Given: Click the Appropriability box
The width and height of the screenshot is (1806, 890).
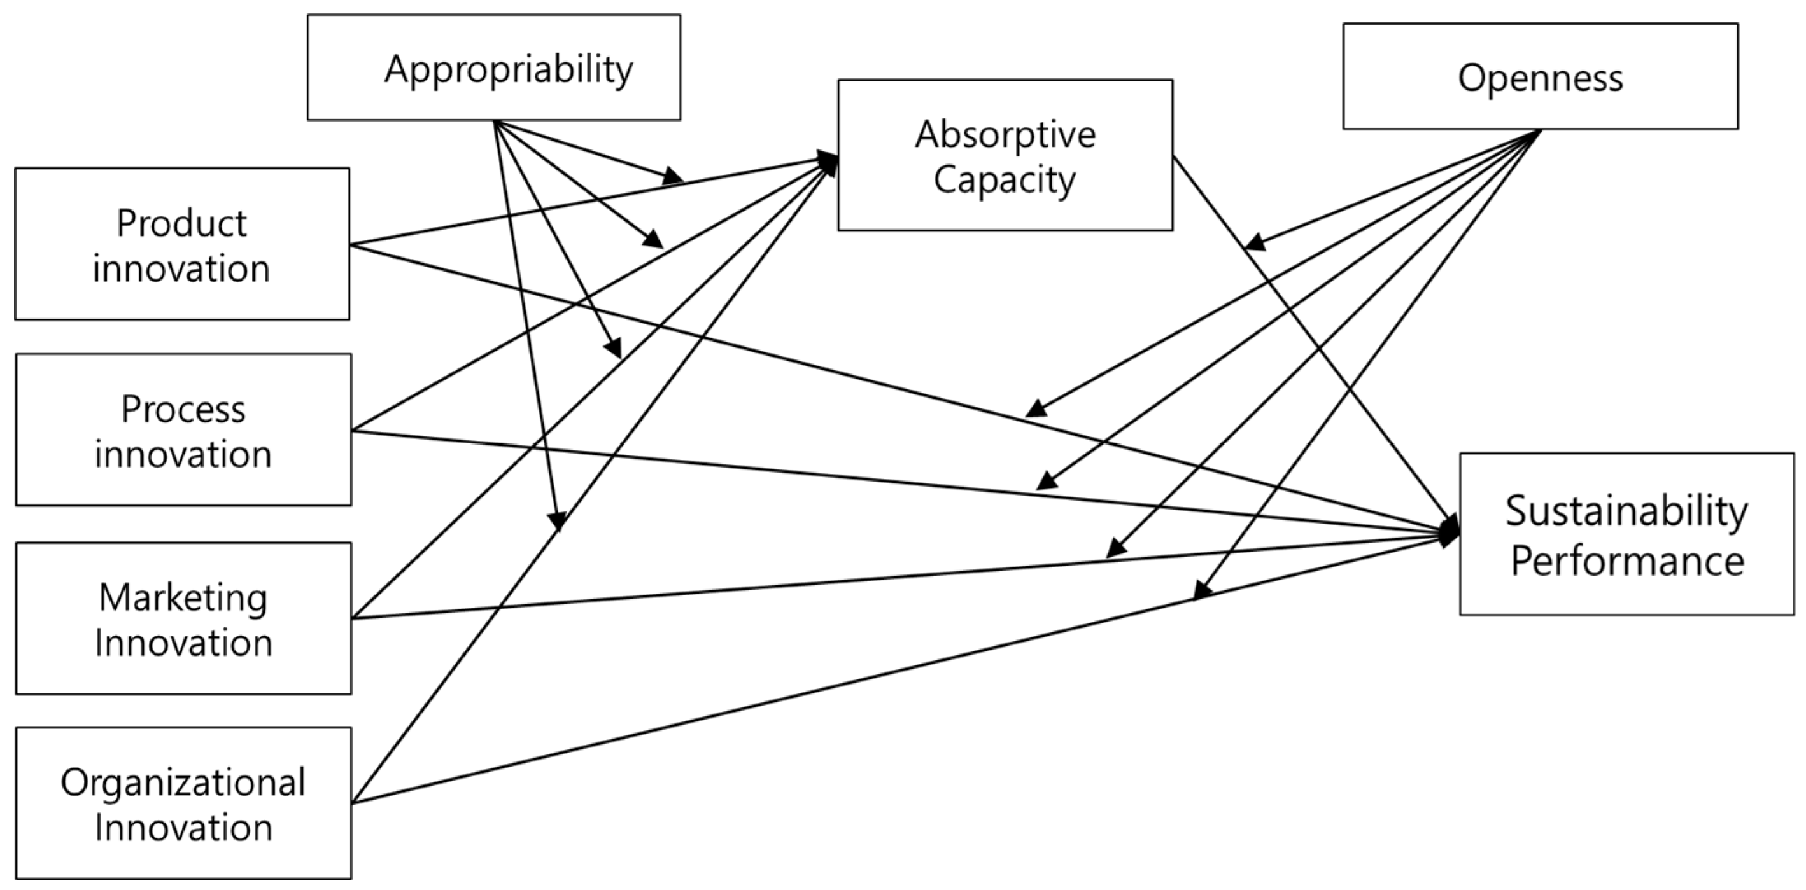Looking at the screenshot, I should click(x=493, y=67).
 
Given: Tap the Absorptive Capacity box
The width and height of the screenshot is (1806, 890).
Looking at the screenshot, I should click(x=1005, y=155).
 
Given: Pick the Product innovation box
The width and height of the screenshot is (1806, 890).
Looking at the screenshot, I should click(x=181, y=244).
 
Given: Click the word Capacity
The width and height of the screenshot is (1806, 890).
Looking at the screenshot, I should click(x=1004, y=180).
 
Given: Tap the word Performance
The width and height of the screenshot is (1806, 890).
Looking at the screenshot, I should click(x=1626, y=560).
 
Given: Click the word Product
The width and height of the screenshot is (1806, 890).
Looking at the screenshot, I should click(x=181, y=223).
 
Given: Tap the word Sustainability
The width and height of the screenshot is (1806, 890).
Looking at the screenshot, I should click(x=1626, y=510).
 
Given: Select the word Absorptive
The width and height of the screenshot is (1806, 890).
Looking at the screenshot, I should click(x=1005, y=134).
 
